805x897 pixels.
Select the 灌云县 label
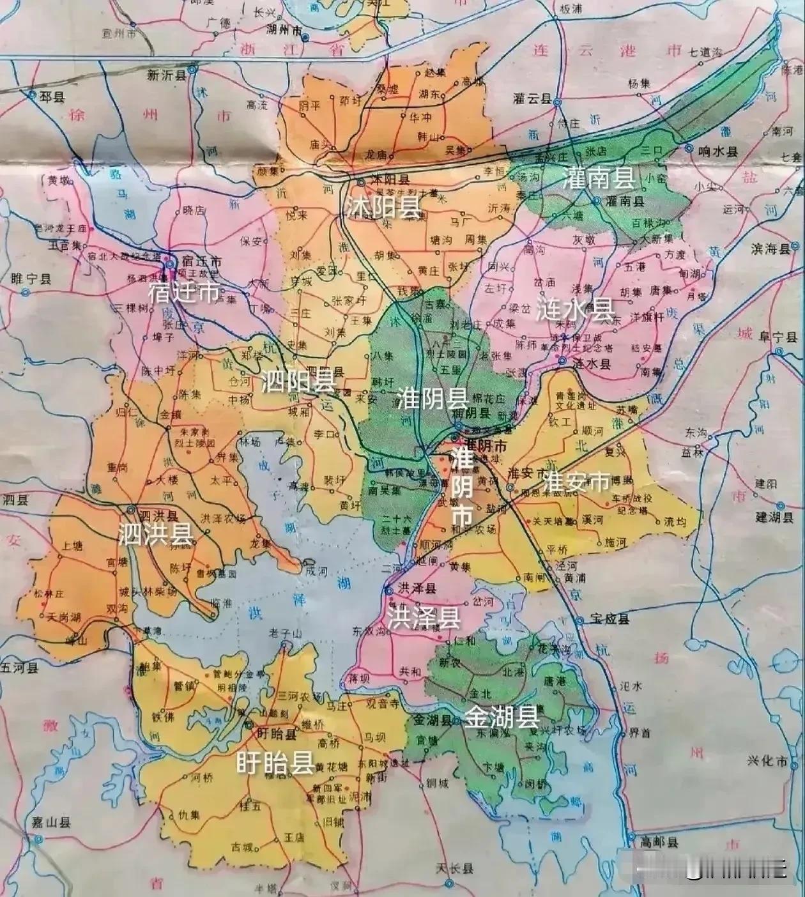(532, 98)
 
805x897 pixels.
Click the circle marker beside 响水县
(689, 148)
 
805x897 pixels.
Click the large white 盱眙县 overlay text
(274, 762)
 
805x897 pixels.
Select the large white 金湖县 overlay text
(502, 717)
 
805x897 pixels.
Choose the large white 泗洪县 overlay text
(155, 535)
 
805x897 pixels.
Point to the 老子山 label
(284, 633)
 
